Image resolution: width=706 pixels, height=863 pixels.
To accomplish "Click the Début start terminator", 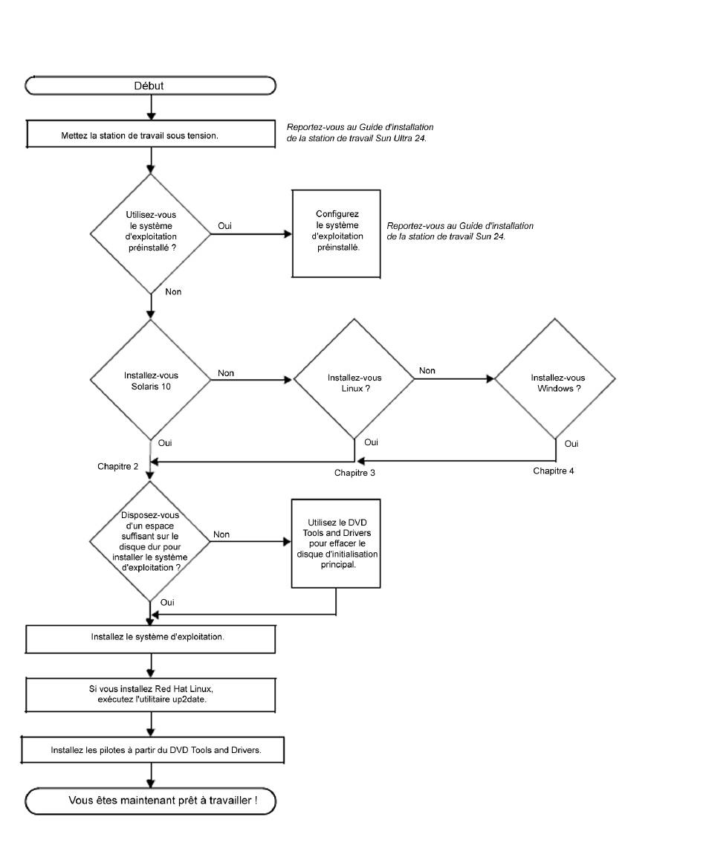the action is click(150, 86).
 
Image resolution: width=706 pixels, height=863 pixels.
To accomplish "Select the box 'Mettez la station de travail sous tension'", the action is click(151, 135).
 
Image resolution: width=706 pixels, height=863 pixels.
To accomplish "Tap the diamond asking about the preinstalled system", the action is click(150, 234).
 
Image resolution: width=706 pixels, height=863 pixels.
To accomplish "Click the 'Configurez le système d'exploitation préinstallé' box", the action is click(336, 234).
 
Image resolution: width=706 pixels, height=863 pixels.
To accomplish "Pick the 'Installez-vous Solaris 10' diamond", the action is click(150, 380).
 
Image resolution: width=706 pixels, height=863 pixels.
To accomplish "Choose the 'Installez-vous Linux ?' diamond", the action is click(354, 378).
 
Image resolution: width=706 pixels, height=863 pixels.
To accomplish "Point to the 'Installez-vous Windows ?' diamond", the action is click(554, 378).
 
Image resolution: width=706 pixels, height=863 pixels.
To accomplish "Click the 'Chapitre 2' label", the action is click(117, 467).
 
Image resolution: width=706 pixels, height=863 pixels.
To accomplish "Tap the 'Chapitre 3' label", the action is click(354, 473).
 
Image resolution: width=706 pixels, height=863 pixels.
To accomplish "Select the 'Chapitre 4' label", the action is click(553, 471).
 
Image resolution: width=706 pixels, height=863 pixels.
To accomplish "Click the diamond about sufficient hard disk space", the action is click(149, 542).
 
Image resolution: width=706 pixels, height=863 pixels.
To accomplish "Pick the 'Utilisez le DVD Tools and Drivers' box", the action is click(336, 544).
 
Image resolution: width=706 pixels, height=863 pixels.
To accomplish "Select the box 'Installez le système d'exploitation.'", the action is click(150, 639).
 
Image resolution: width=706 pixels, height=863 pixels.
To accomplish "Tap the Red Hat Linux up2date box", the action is click(150, 695).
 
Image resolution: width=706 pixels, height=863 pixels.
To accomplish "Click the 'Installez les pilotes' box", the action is click(152, 749).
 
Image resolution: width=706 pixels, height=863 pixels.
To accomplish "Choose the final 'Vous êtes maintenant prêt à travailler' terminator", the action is click(150, 801).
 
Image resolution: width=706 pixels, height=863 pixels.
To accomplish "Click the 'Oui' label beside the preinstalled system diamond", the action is click(224, 226).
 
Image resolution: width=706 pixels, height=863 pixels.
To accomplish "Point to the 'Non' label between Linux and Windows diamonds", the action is click(427, 371).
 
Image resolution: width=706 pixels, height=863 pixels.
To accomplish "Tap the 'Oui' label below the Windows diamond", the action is click(571, 444).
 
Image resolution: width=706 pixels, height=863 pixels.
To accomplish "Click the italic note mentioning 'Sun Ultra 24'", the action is click(360, 132).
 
